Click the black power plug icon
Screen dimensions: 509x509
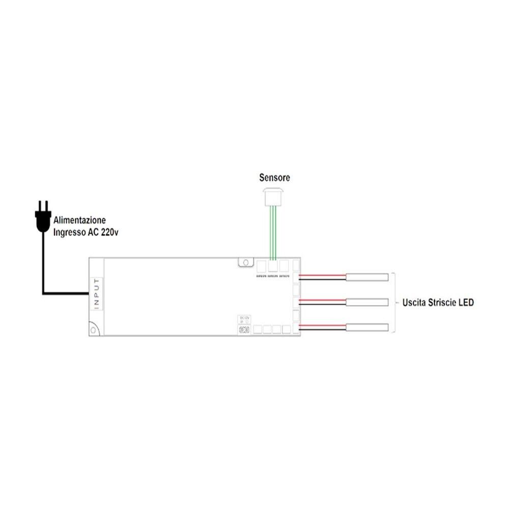[43, 217]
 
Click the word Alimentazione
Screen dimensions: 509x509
[80, 221]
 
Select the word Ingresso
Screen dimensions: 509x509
[69, 233]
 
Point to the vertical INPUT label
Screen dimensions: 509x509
[97, 293]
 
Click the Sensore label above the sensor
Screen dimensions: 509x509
[274, 178]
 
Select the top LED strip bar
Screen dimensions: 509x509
[370, 277]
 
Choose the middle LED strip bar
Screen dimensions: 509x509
[370, 302]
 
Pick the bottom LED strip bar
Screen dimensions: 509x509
[370, 328]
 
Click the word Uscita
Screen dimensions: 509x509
[414, 303]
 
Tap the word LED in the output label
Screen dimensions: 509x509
[465, 303]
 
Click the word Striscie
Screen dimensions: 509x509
[441, 303]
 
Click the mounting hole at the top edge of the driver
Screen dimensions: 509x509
[245, 262]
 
